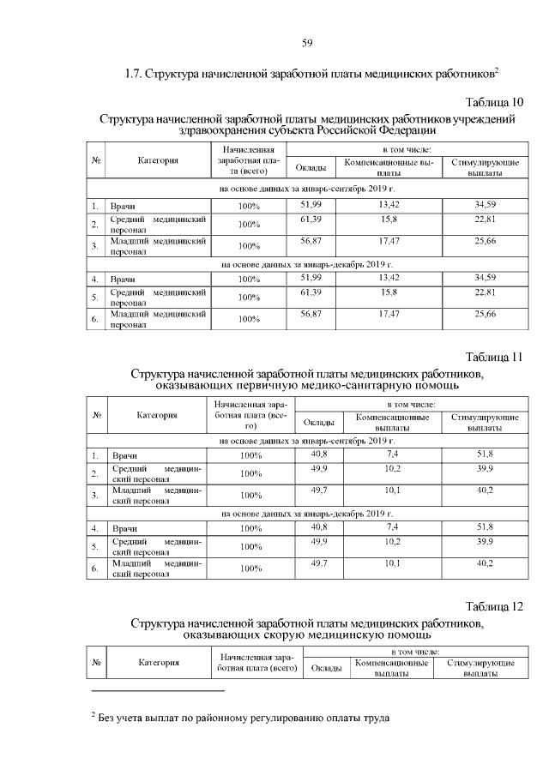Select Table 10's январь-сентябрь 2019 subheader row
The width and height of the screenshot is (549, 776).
[306, 187]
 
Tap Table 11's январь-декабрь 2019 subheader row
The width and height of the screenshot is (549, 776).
[306, 513]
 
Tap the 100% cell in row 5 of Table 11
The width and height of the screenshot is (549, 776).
[250, 546]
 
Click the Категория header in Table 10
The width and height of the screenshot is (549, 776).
[158, 160]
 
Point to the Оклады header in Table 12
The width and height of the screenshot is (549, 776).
[326, 667]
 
